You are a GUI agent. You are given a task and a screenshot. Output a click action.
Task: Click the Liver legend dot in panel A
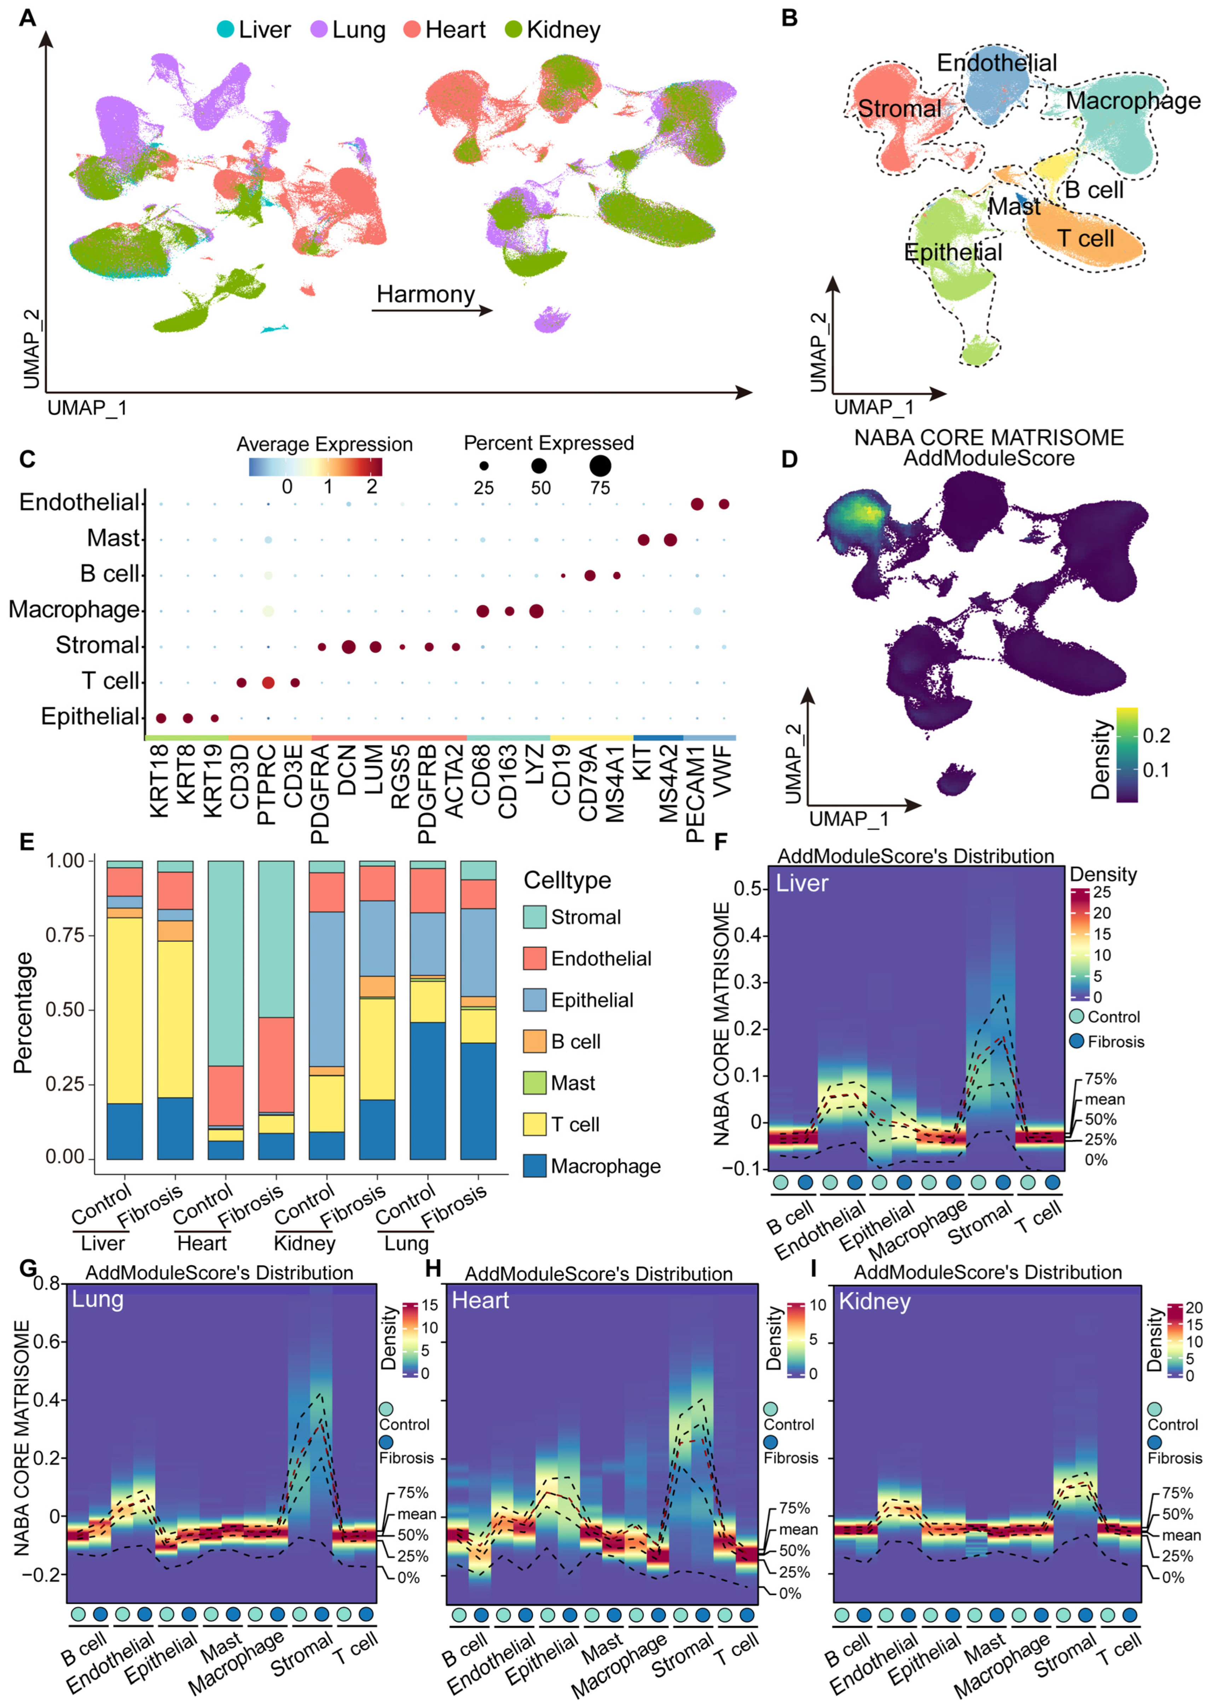point(225,30)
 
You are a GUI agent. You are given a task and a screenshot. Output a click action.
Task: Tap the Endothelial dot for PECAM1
point(697,505)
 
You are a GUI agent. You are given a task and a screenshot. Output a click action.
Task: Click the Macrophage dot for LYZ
point(535,611)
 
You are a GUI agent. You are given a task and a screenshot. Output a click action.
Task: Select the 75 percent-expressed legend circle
point(600,466)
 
